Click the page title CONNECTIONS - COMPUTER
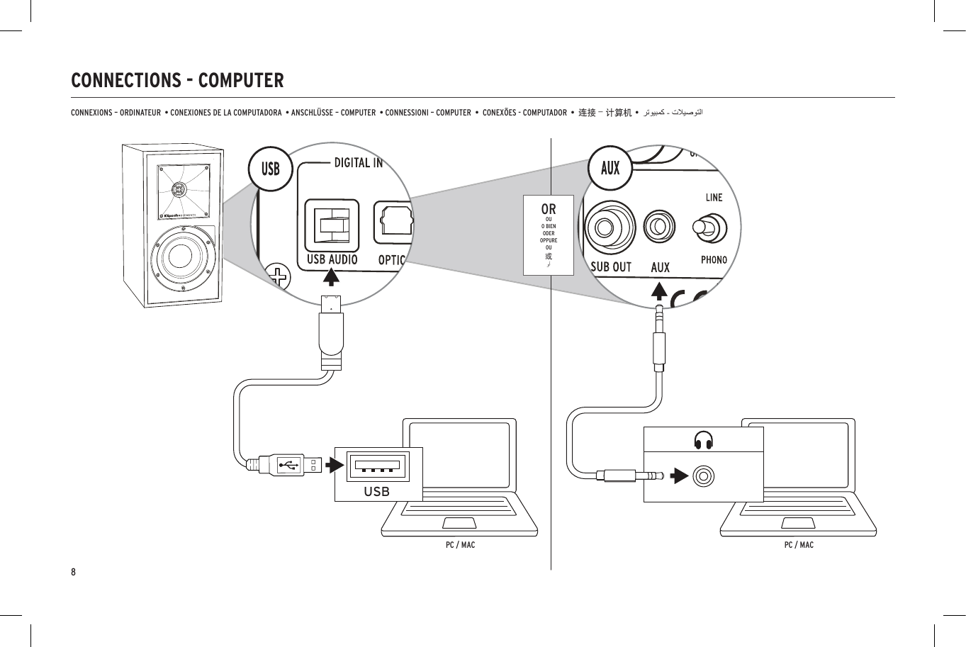(x=177, y=81)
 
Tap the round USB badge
(x=270, y=169)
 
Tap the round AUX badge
(x=610, y=168)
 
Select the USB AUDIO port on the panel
(x=332, y=225)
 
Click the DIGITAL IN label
(x=358, y=163)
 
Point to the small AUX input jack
(x=659, y=227)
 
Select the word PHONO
(x=714, y=260)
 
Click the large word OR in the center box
(x=549, y=209)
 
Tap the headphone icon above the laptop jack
(x=703, y=440)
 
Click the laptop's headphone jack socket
(x=703, y=476)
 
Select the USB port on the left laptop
(x=378, y=466)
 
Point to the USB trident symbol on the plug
(x=288, y=466)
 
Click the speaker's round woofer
(x=180, y=255)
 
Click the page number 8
(x=74, y=572)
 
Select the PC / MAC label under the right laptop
(x=799, y=545)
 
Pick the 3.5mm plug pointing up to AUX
(x=660, y=333)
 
